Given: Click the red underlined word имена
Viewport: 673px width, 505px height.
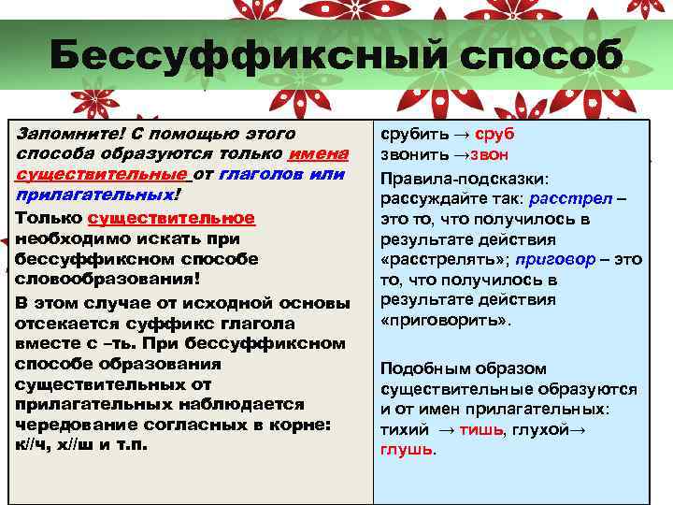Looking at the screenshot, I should pos(319,154).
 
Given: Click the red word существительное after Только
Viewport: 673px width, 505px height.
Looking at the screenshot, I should pos(170,217).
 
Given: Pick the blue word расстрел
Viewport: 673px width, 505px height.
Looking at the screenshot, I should pos(566,197).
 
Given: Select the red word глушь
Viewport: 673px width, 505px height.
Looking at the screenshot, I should pos(406,449).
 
